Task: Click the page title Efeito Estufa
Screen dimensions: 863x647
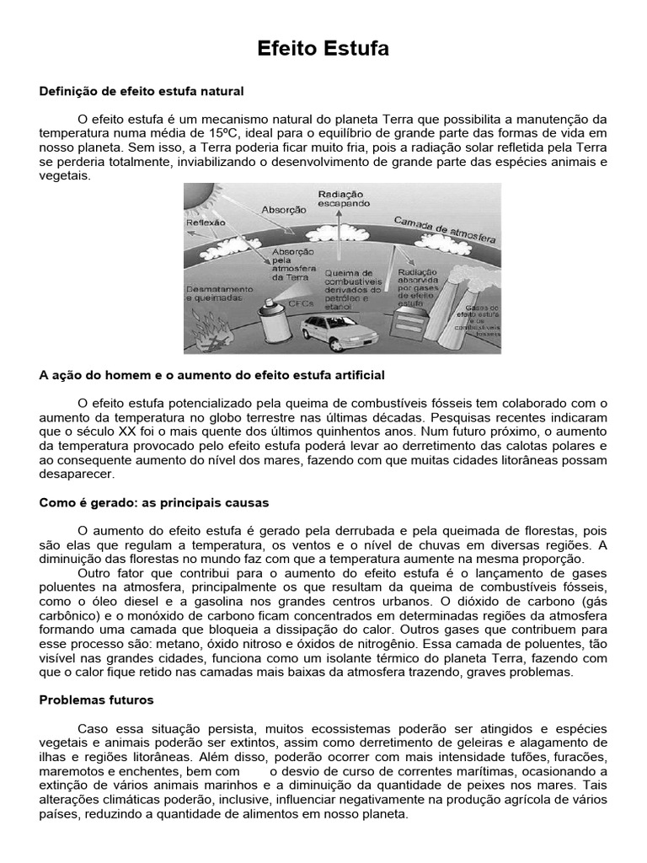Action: [x=323, y=50]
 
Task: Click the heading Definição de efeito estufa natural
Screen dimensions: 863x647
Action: [x=142, y=89]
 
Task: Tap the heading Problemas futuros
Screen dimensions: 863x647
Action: [x=96, y=700]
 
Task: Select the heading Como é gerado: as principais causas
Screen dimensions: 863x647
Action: [x=154, y=502]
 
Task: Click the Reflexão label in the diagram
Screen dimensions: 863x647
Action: [x=206, y=224]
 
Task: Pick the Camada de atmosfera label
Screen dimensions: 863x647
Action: [x=442, y=229]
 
